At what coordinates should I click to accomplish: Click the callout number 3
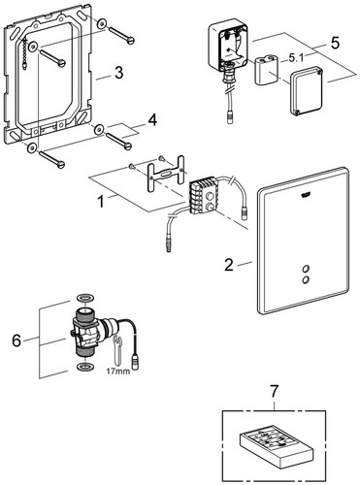[119, 73]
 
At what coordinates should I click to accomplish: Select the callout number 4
[152, 120]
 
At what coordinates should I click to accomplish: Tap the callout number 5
[335, 43]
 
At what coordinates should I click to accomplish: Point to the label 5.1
[296, 58]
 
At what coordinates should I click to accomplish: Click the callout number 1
[101, 202]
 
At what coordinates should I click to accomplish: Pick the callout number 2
[229, 265]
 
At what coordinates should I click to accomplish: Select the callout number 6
[16, 340]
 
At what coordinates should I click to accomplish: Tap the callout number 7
[274, 392]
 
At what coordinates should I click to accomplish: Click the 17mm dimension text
[118, 371]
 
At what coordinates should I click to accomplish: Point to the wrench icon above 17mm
[117, 351]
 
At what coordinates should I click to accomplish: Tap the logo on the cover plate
[305, 194]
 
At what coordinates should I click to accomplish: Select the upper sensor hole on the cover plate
[306, 269]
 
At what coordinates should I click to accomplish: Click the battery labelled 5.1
[267, 70]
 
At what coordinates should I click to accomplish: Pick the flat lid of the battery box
[307, 90]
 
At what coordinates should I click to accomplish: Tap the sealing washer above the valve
[85, 298]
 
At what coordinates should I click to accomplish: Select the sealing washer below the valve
[85, 367]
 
